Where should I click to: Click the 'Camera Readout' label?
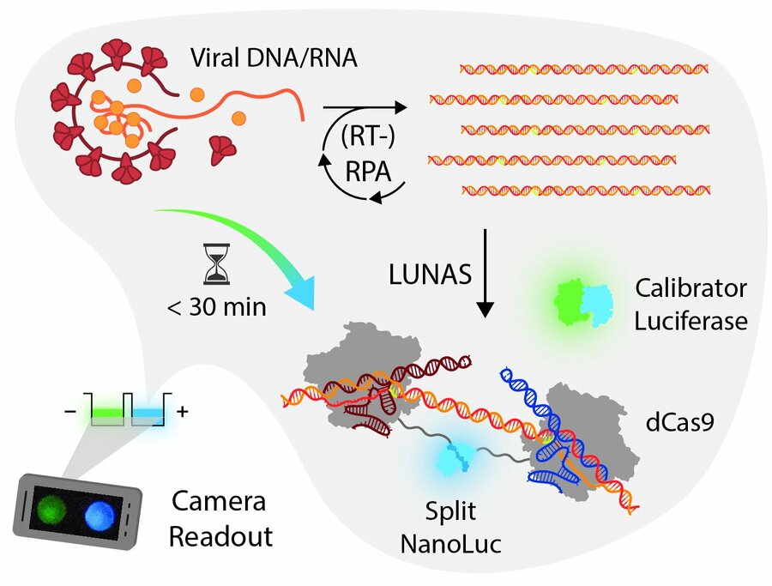point(220,520)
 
